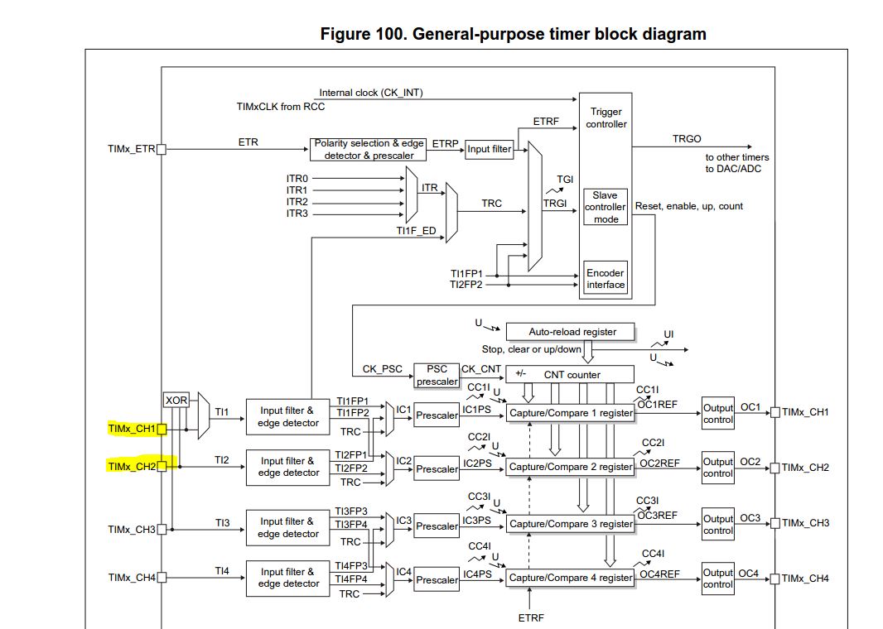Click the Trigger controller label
tap(606, 118)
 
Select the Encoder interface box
tap(606, 279)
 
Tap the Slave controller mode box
tap(606, 207)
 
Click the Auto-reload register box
tap(572, 332)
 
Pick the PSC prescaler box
tap(437, 375)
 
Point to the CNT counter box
tap(569, 374)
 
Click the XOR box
tap(176, 401)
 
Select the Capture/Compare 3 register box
tap(571, 524)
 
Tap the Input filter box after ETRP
tap(490, 150)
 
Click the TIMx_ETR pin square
tap(162, 150)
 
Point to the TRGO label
tap(686, 140)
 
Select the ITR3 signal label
tap(297, 214)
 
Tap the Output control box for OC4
tap(717, 579)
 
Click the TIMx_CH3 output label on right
tap(805, 523)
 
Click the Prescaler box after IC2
tap(437, 469)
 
